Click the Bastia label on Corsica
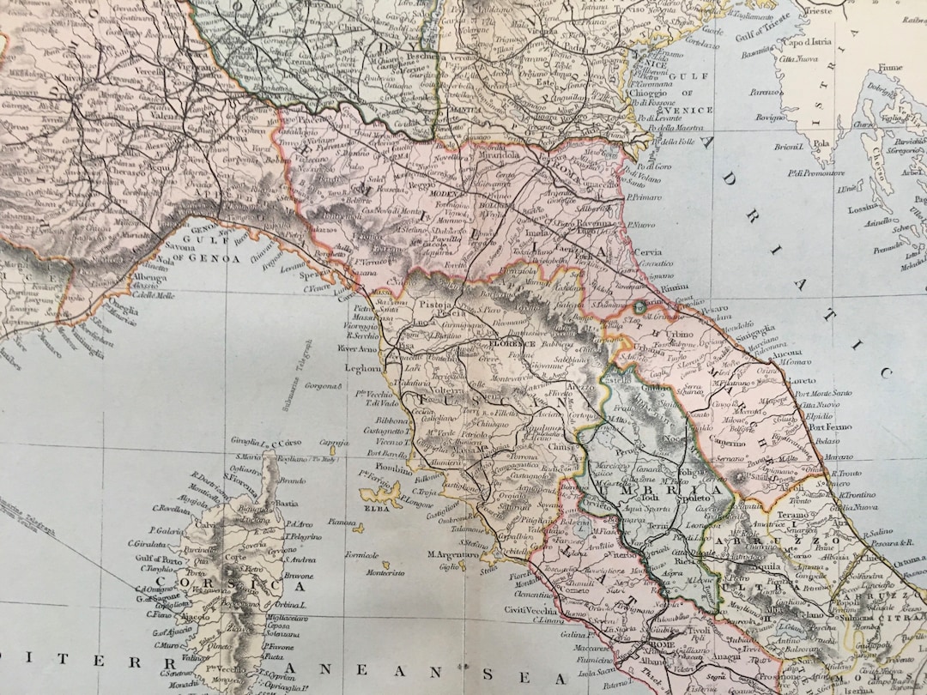pos(286,503)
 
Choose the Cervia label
pos(650,253)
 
